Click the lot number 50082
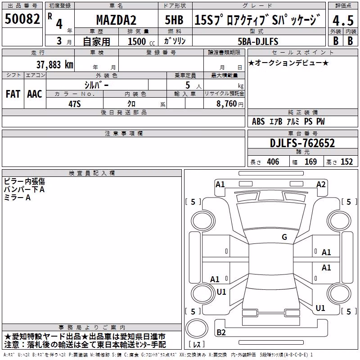(22, 18)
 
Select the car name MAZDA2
(116, 20)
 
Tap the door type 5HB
(174, 20)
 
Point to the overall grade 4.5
(343, 20)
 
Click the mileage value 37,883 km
(54, 65)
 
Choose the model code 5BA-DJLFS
(258, 41)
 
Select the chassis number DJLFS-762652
(302, 143)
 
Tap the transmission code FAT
(13, 94)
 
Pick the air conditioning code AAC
(35, 94)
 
